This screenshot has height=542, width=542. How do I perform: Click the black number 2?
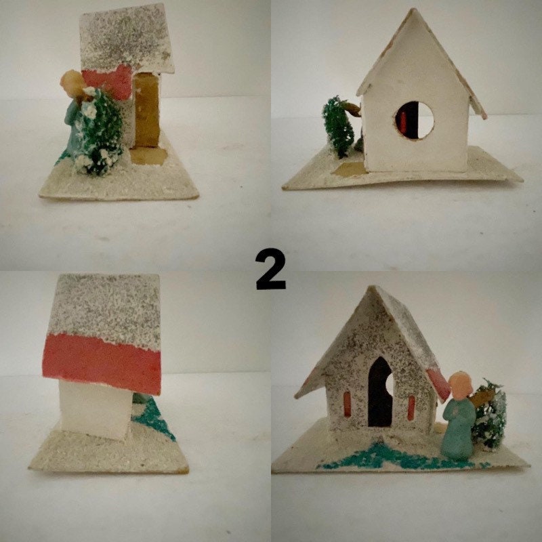[x=271, y=270]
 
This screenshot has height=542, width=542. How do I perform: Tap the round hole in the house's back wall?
[x=414, y=121]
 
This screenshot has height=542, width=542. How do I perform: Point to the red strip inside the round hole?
[x=404, y=121]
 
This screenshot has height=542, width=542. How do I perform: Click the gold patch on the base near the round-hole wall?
[x=351, y=169]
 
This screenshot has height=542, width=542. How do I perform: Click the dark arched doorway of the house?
[x=380, y=393]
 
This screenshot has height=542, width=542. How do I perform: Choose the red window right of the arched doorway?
[x=411, y=406]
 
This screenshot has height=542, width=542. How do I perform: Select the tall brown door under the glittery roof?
[x=146, y=110]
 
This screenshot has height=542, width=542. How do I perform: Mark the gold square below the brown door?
[x=149, y=156]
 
